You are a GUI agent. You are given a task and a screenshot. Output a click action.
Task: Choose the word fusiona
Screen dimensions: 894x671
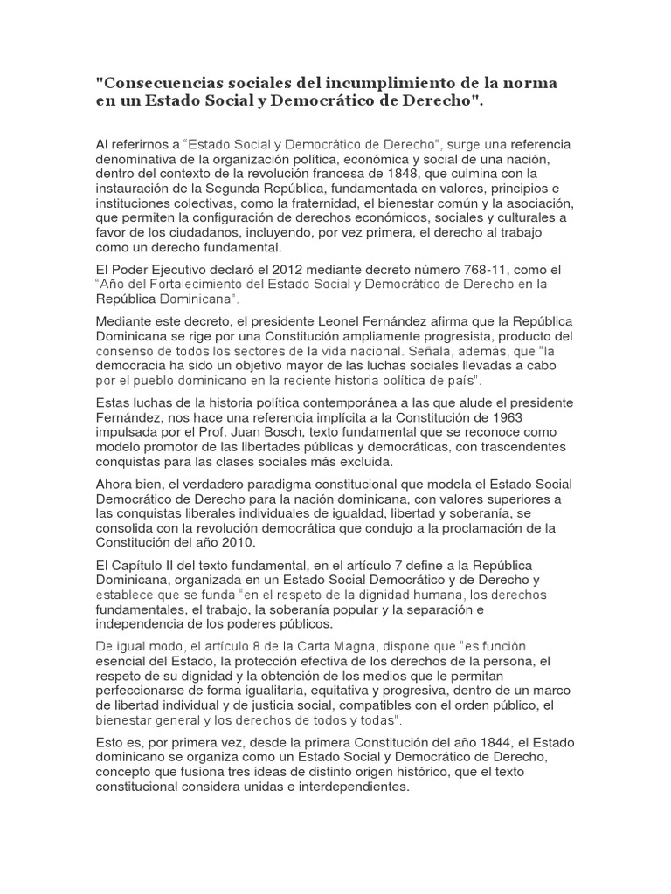click(x=210, y=772)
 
